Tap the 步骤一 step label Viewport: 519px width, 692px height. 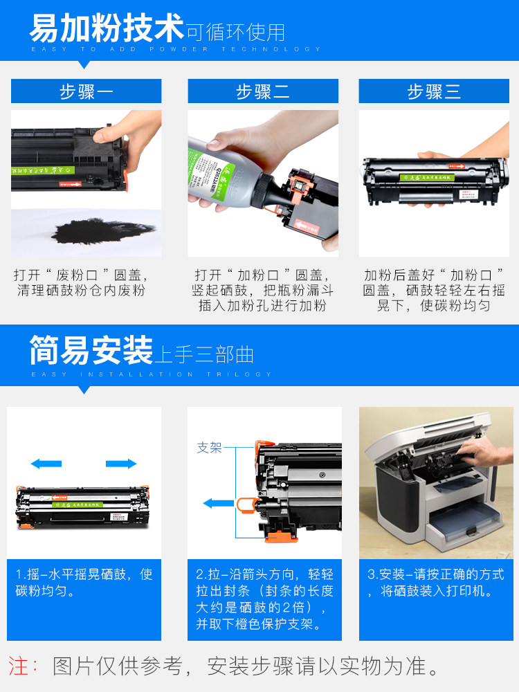pos(86,91)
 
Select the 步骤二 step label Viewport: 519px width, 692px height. pos(262,91)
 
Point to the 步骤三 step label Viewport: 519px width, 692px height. pos(434,91)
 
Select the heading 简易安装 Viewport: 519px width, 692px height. pos(91,351)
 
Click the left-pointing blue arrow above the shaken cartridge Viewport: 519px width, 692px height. pos(46,464)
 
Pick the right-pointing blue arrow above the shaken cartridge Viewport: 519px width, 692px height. pos(121,464)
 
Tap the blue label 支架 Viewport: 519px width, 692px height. pos(209,448)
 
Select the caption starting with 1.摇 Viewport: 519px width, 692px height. pos(84,583)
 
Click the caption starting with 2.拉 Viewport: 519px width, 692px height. pos(264,599)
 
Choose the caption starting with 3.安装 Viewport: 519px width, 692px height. pos(435,583)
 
